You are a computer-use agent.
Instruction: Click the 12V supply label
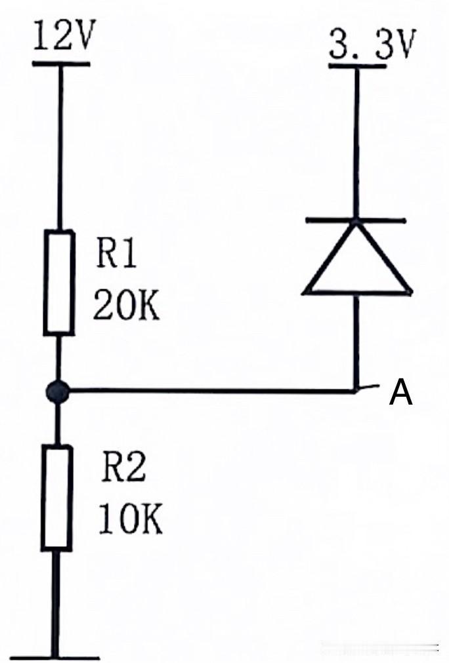(64, 37)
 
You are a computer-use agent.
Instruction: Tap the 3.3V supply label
(372, 44)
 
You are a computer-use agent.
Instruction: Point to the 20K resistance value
(126, 304)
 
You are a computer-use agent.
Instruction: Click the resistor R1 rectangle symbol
(59, 283)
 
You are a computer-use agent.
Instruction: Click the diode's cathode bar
(356, 221)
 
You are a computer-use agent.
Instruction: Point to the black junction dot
(57, 391)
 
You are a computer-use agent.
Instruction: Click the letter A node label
(401, 393)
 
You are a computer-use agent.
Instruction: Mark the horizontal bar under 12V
(61, 64)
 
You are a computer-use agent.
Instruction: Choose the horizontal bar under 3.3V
(358, 66)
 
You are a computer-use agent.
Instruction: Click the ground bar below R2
(55, 658)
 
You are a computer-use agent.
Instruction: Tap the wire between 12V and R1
(60, 148)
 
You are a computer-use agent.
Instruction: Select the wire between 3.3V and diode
(356, 143)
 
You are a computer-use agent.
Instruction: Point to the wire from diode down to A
(356, 342)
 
